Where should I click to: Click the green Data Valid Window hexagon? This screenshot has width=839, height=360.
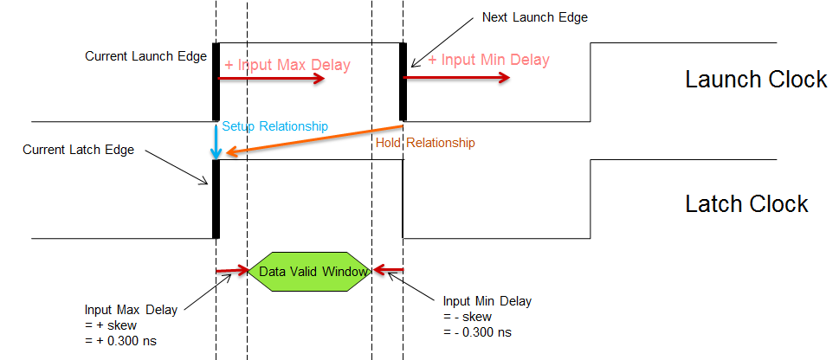[310, 271]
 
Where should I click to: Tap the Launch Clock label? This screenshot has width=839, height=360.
[756, 80]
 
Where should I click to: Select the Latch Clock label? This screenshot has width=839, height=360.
[746, 204]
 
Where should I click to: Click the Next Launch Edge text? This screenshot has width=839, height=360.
[535, 18]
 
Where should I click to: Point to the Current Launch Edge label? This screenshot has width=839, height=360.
[145, 56]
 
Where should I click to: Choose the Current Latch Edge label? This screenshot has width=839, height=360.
[78, 150]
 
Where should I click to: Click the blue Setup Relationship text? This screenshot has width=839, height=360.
[275, 126]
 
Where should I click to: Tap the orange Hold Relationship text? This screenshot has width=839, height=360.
[425, 142]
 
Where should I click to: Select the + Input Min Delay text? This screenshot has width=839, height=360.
[489, 61]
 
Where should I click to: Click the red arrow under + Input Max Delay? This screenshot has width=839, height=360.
[271, 78]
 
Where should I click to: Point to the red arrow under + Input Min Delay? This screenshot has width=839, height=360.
[456, 77]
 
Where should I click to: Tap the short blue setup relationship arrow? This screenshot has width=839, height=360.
[216, 140]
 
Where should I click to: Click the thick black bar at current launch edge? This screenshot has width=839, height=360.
[216, 82]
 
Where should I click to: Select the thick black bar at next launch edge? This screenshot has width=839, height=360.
[403, 82]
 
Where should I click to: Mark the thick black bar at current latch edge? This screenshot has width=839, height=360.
[216, 199]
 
